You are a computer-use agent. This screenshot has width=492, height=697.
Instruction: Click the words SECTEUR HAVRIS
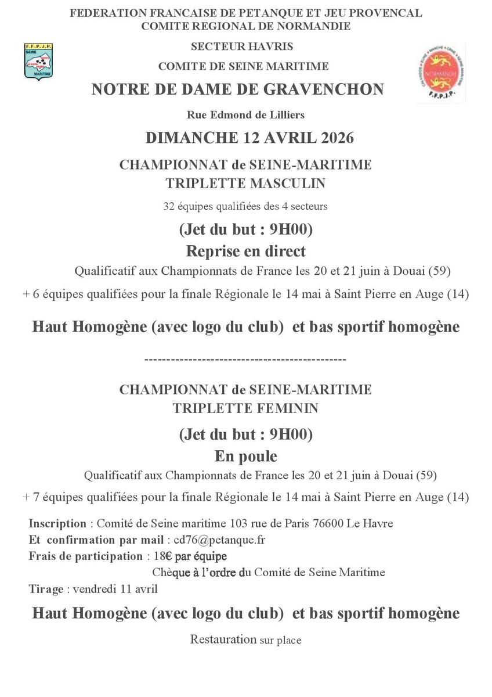pyautogui.click(x=243, y=46)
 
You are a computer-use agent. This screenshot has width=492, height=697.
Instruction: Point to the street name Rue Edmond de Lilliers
pyautogui.click(x=245, y=115)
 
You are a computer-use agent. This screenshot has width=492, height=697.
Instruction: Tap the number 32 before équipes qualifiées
pyautogui.click(x=169, y=206)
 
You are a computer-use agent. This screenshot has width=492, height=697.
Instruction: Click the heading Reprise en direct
pyautogui.click(x=245, y=251)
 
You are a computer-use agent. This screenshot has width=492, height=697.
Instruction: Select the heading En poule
pyautogui.click(x=245, y=455)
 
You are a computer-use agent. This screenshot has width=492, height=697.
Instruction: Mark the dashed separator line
pyautogui.click(x=245, y=360)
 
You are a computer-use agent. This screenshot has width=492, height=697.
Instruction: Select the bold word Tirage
pyautogui.click(x=46, y=589)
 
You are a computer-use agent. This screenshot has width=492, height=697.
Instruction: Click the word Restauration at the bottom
pyautogui.click(x=223, y=639)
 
